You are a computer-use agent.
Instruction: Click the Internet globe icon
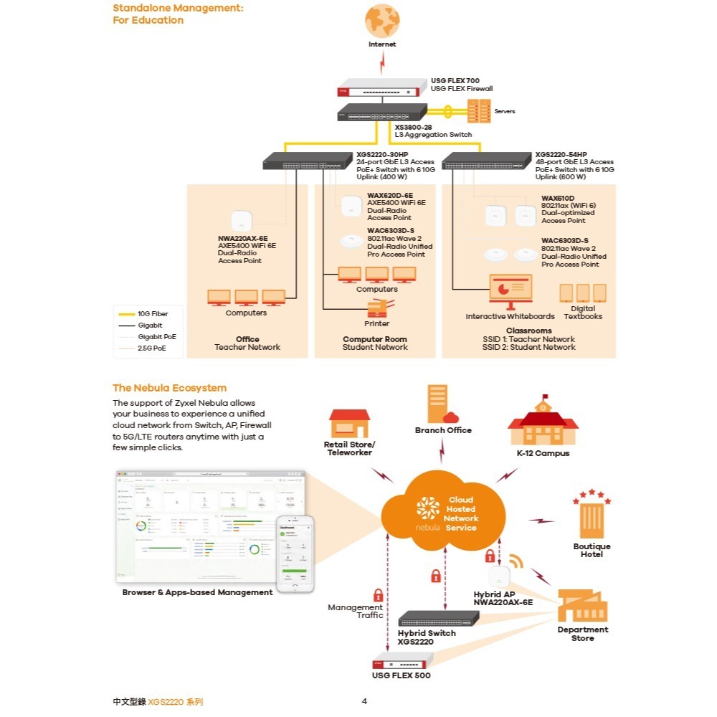[382, 21]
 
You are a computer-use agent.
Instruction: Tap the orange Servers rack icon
[478, 111]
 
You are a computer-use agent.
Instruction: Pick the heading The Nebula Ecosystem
[169, 388]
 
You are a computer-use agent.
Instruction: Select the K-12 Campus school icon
[543, 424]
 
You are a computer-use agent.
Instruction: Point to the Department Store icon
[581, 605]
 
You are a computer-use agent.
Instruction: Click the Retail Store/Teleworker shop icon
[349, 423]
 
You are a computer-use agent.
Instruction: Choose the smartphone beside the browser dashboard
[296, 554]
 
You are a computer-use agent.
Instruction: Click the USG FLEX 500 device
[401, 663]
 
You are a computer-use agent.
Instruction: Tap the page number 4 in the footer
[364, 701]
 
